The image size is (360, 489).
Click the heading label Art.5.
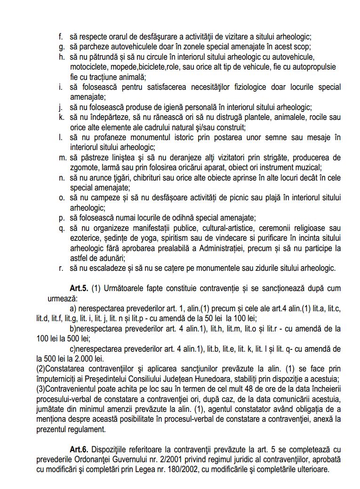pyautogui.click(x=78, y=288)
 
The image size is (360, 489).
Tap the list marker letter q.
pyautogui.click(x=62, y=228)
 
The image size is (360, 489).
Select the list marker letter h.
pyautogui.click(x=62, y=57)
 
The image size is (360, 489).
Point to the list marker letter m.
pyautogui.click(x=63, y=157)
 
